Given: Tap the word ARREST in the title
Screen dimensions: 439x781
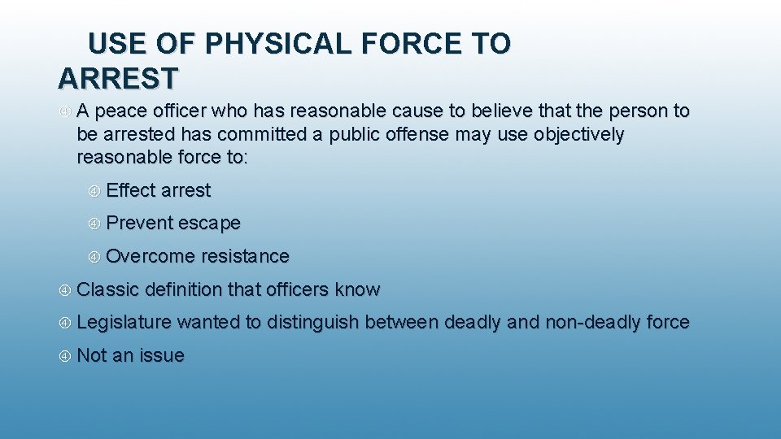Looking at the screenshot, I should (x=118, y=79).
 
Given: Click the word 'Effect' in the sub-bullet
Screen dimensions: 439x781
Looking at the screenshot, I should (x=131, y=190).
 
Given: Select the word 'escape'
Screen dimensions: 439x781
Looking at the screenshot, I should (x=209, y=223).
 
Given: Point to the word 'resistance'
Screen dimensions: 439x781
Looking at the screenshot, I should (x=245, y=256).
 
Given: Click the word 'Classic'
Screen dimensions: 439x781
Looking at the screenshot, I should (x=108, y=289).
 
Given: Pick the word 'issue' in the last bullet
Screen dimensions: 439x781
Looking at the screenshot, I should (x=162, y=355).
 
